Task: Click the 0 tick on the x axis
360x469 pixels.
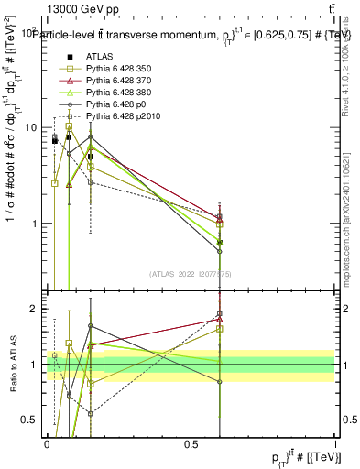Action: click(47, 443)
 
